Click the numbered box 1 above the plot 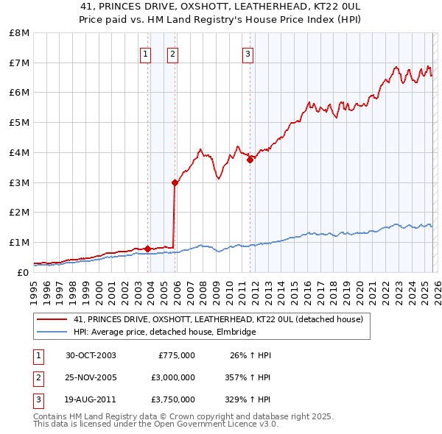pyautogui.click(x=145, y=54)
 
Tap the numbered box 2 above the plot pyautogui.click(x=172, y=54)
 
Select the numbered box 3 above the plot pyautogui.click(x=248, y=54)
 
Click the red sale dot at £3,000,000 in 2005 pyautogui.click(x=175, y=182)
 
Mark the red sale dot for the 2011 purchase pyautogui.click(x=250, y=160)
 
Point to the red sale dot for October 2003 pyautogui.click(x=147, y=249)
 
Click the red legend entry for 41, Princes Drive pyautogui.click(x=218, y=320)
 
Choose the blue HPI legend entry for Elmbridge pyautogui.click(x=164, y=332)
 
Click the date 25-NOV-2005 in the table pyautogui.click(x=91, y=377)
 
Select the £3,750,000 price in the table pyautogui.click(x=173, y=399)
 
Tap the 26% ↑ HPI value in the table pyautogui.click(x=250, y=355)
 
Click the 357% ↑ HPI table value pyautogui.click(x=248, y=377)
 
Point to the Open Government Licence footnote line pyautogui.click(x=155, y=424)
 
